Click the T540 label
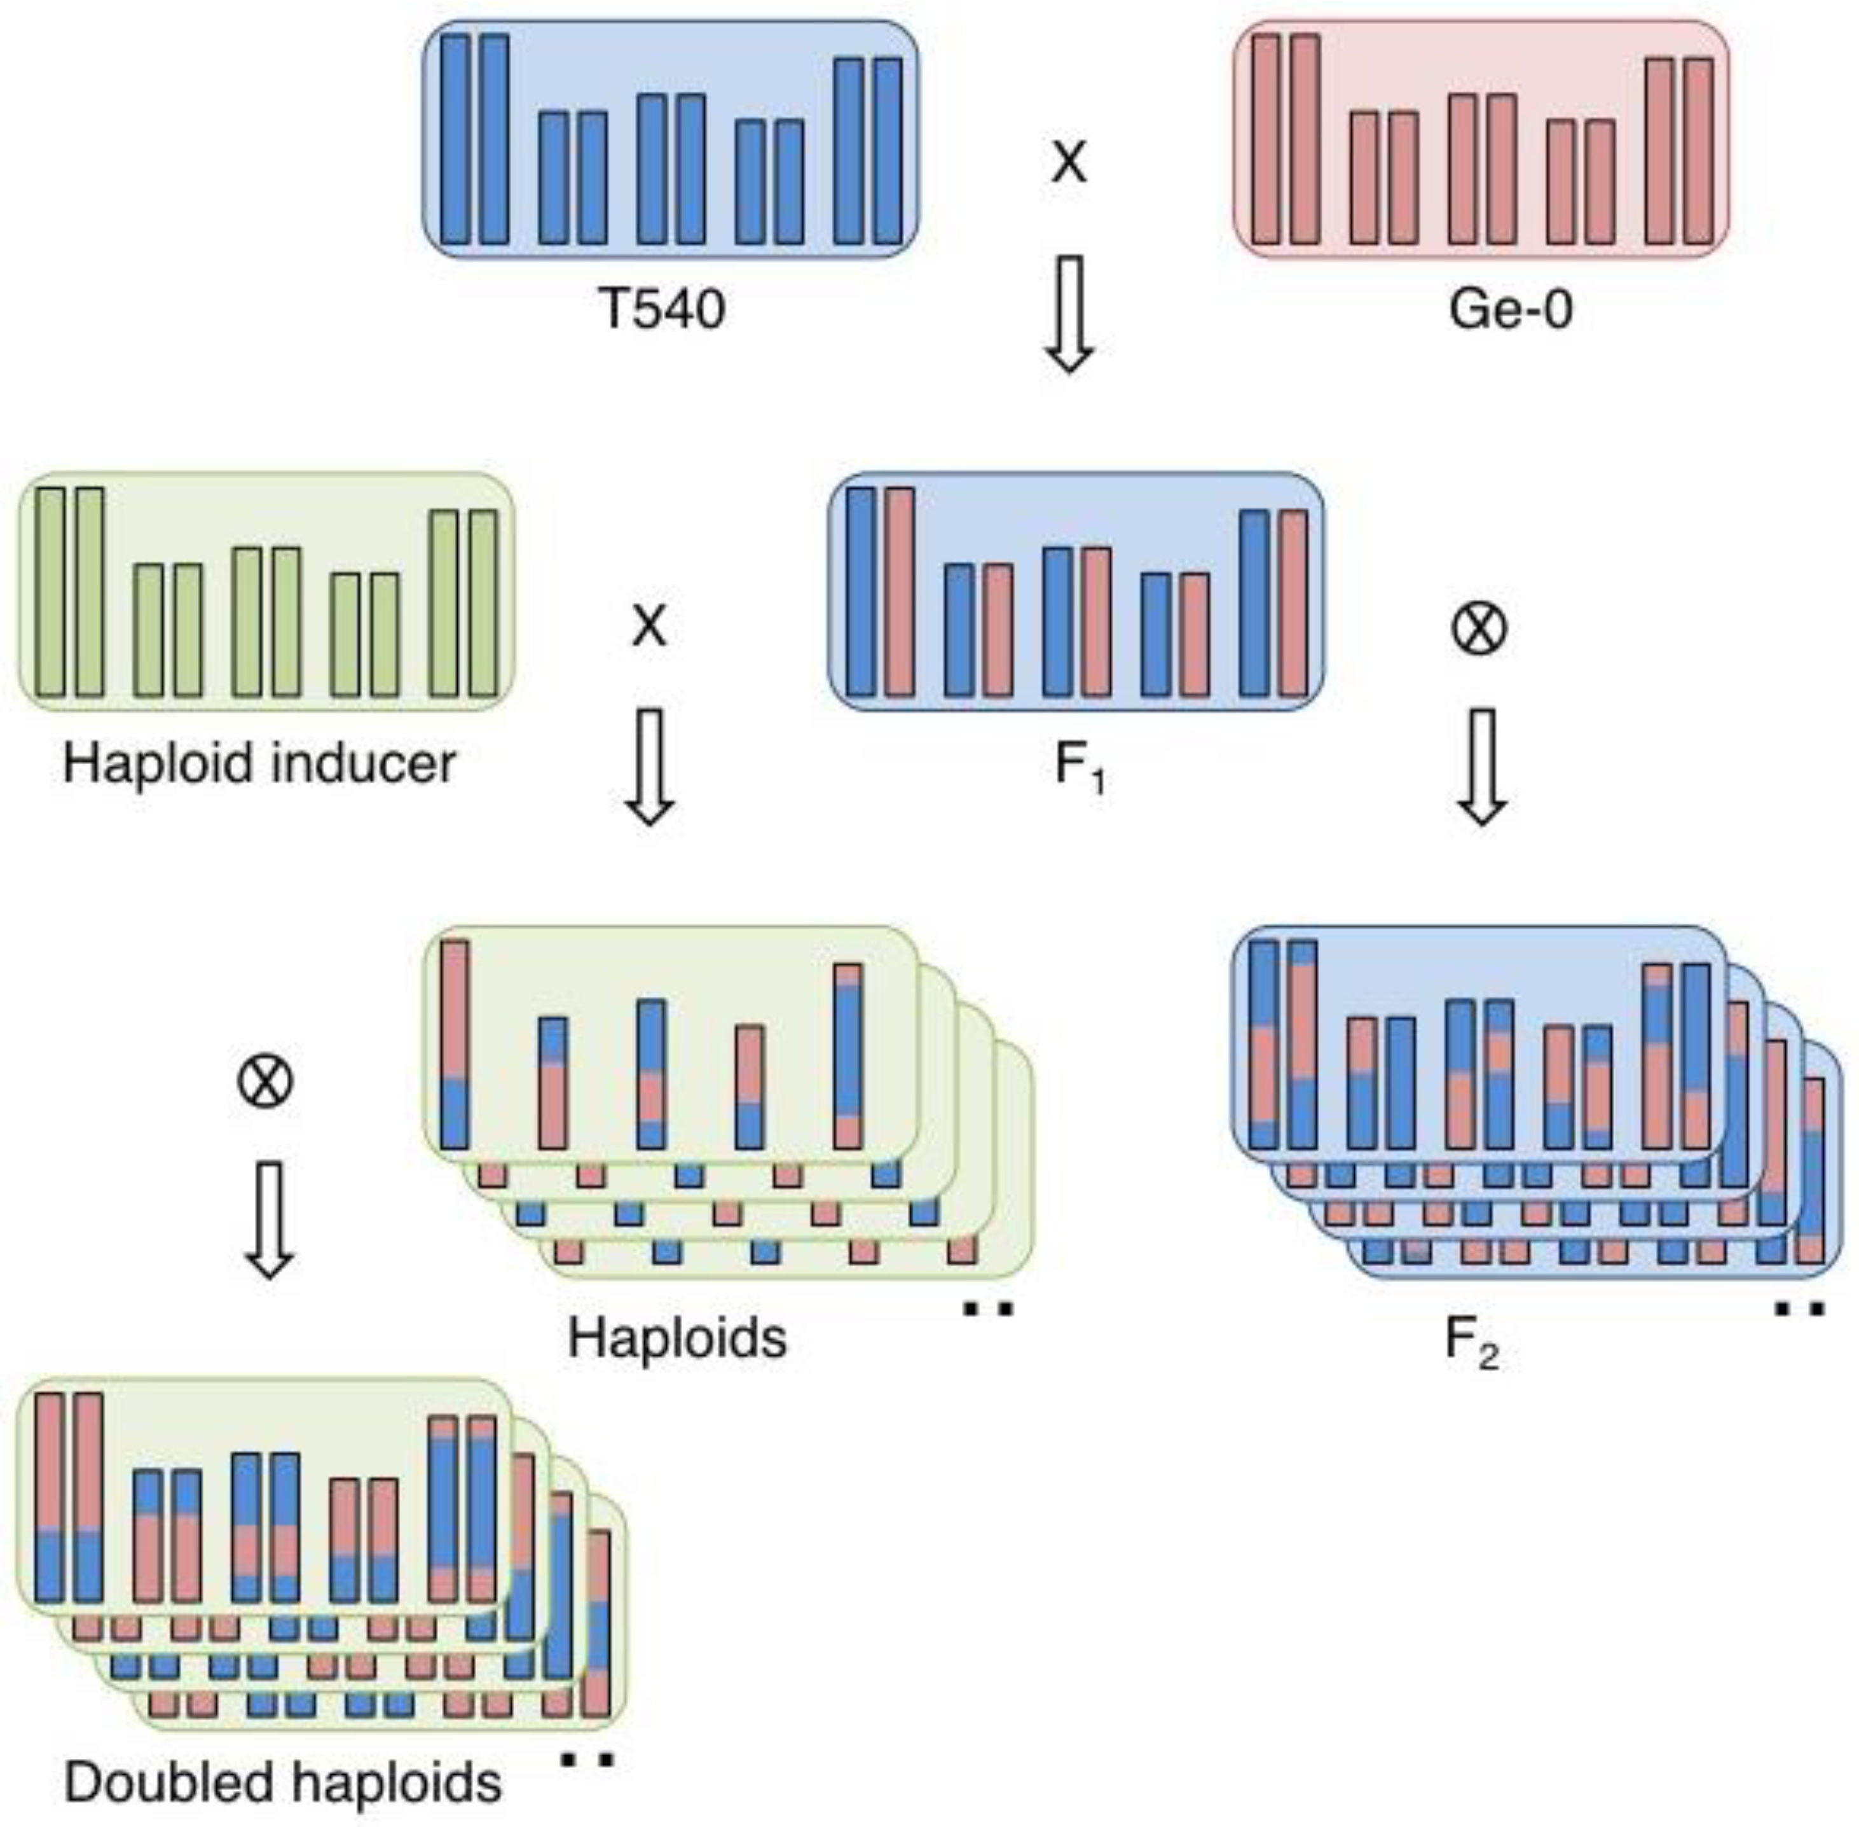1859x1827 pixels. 662,310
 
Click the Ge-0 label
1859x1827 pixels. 1511,310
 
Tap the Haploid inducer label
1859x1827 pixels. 259,764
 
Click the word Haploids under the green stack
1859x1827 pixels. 677,1337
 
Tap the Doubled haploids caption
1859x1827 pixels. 283,1783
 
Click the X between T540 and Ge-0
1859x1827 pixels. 1069,163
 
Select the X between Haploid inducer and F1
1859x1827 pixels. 649,627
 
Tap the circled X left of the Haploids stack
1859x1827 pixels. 264,1081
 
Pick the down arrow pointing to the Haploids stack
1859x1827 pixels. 649,766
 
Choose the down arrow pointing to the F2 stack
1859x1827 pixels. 1482,766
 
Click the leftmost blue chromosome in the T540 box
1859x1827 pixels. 456,139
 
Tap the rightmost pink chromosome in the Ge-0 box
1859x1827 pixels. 1699,151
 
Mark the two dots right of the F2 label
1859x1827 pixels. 1799,1306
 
